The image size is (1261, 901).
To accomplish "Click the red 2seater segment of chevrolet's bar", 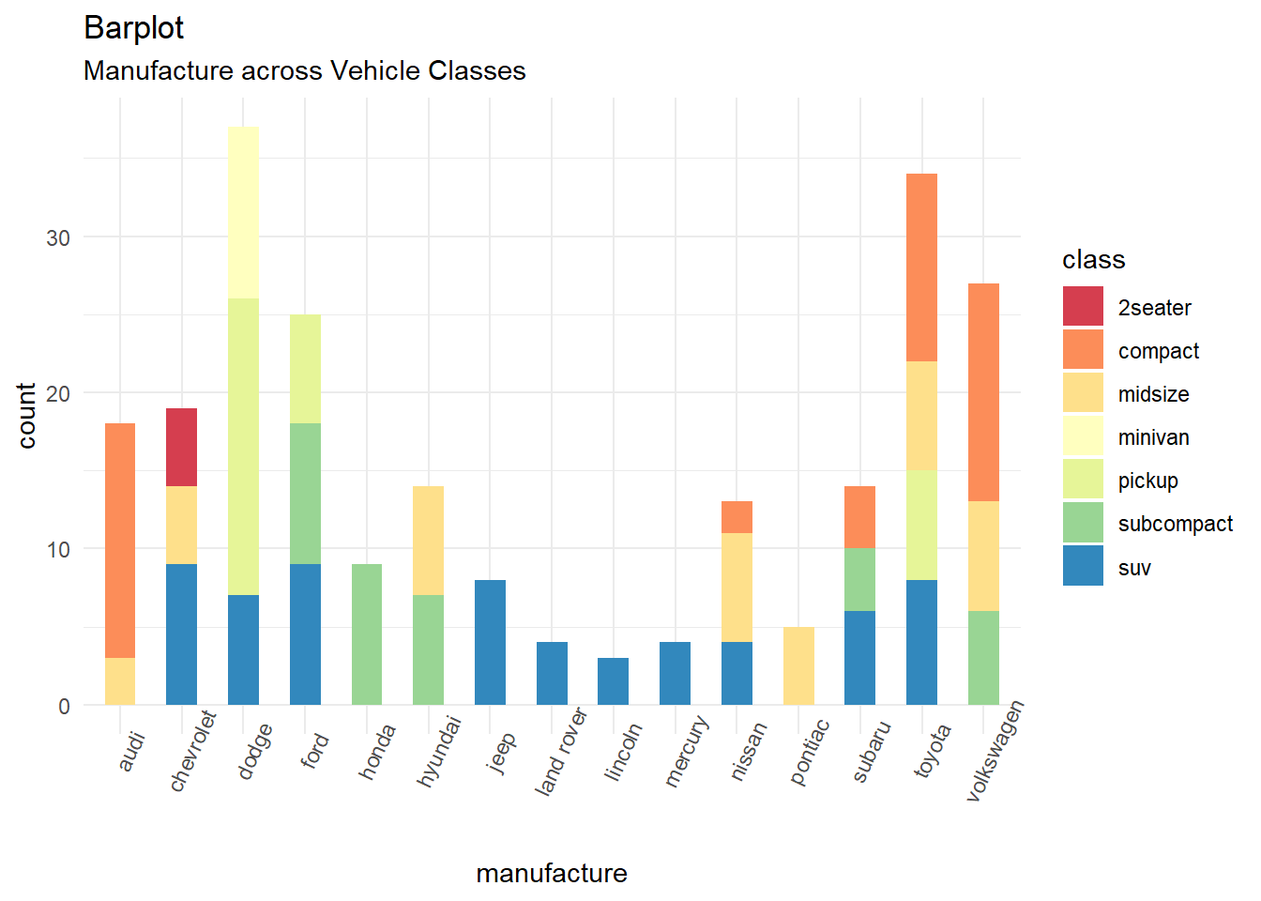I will (x=181, y=447).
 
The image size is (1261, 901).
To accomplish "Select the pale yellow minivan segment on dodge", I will (x=243, y=212).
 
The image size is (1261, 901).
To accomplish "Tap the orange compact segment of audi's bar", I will (x=120, y=540).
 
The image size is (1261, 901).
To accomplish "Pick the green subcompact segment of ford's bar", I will (x=305, y=493).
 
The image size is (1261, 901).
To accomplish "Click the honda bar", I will (x=367, y=634).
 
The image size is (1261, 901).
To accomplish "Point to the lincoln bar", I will (x=613, y=680).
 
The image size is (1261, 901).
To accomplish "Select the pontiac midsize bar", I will (x=798, y=665).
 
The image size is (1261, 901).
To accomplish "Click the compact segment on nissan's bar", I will (x=737, y=517).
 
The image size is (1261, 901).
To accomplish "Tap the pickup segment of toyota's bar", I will (x=921, y=525).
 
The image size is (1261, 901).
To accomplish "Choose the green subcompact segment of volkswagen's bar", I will (x=983, y=657).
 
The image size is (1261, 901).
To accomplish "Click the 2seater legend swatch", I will (x=1083, y=307).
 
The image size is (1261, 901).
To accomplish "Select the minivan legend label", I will (x=1153, y=437).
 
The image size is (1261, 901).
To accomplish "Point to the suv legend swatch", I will (x=1083, y=567).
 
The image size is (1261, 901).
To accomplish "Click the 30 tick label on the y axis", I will (x=58, y=237).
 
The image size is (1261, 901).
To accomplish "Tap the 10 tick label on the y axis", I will (x=58, y=549).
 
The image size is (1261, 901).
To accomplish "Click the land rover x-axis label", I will (x=560, y=753).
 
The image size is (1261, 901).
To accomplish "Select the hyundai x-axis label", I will (x=438, y=752).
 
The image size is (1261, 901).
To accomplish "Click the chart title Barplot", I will (x=133, y=28).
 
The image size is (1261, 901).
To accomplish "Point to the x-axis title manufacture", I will (x=552, y=873).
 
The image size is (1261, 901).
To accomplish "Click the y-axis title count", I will (x=26, y=416).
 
